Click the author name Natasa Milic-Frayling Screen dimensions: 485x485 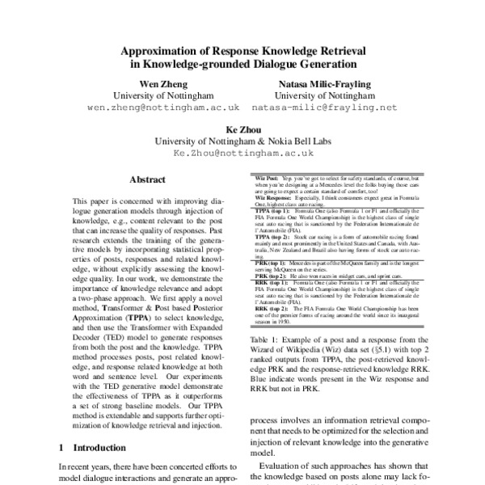(x=327, y=83)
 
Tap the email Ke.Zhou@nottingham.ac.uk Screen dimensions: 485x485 (x=242, y=152)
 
